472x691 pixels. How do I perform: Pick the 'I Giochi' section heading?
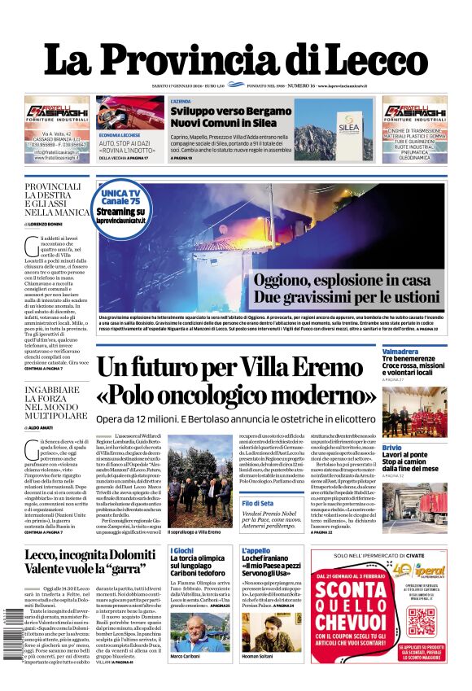point(182,551)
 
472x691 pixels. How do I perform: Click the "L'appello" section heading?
point(255,551)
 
